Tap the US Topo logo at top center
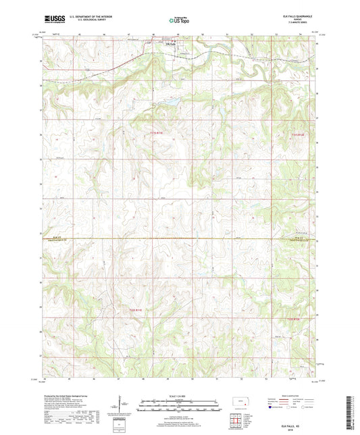click(180, 21)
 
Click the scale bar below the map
click(180, 407)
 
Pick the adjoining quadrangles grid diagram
click(234, 422)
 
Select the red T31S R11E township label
click(155, 134)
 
